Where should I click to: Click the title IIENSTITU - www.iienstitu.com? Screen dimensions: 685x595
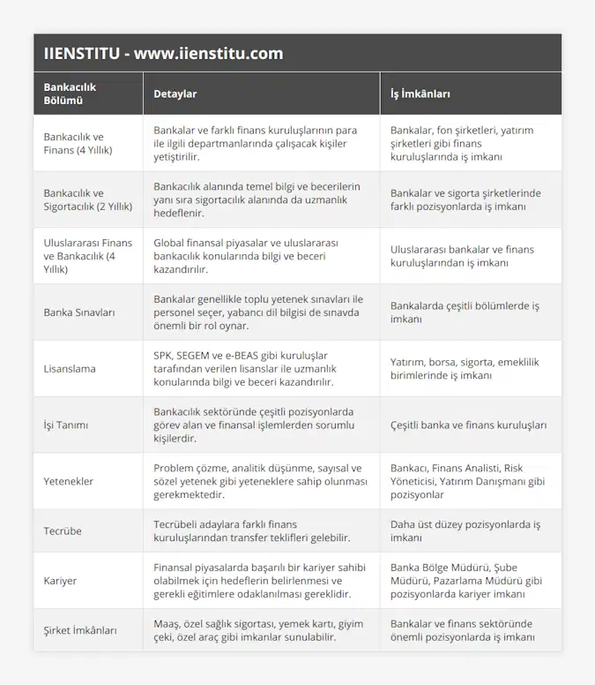[163, 53]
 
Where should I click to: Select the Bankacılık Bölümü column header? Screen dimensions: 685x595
[70, 94]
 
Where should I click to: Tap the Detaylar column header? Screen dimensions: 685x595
[175, 94]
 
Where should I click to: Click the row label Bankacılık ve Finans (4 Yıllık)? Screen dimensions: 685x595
[78, 143]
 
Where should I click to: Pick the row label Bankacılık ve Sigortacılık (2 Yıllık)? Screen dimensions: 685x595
[87, 199]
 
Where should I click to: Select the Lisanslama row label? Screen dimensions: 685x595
[70, 368]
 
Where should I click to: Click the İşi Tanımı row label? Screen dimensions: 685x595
[66, 425]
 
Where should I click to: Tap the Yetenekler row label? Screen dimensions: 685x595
[69, 481]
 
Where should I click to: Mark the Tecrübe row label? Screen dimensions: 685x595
[63, 531]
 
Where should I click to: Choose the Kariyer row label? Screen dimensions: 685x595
[60, 581]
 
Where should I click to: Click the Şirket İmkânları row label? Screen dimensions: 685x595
[80, 630]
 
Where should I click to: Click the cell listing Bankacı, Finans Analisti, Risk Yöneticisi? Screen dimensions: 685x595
[468, 481]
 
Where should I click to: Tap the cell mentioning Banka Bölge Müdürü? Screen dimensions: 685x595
[467, 581]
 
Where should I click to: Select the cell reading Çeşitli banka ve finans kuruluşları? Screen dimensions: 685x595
[468, 425]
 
